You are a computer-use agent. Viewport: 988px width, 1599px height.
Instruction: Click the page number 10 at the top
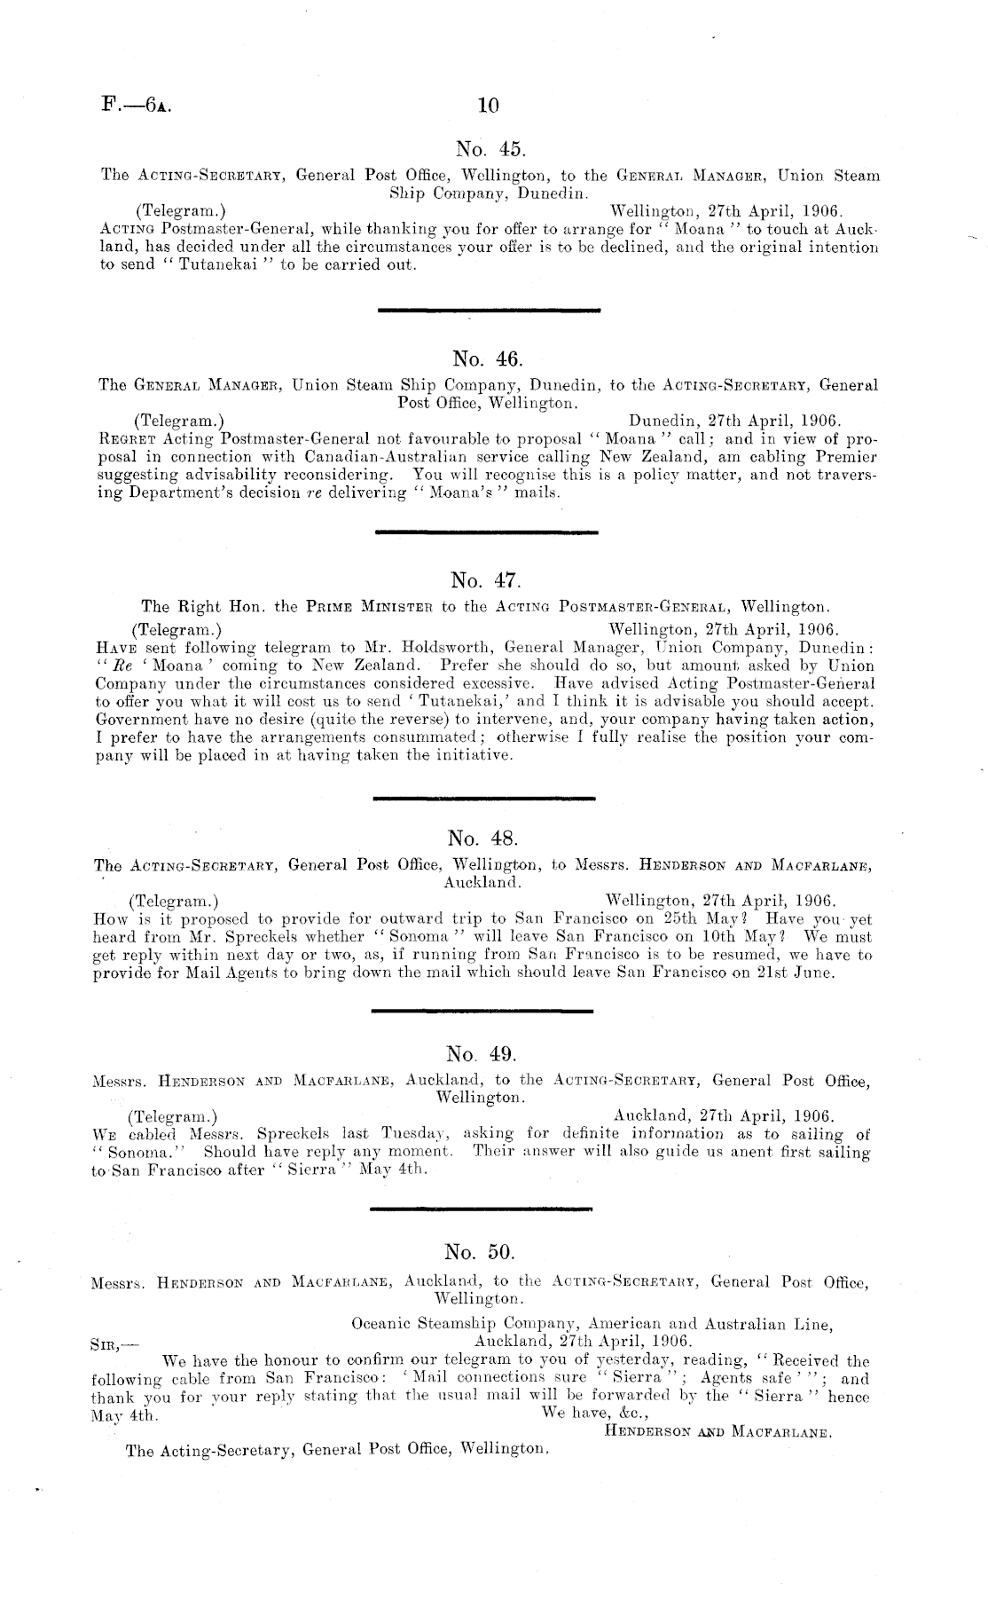pos(488,106)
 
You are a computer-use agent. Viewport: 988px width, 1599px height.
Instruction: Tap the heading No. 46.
pos(488,358)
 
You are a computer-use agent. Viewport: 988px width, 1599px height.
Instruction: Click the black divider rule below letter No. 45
pos(489,310)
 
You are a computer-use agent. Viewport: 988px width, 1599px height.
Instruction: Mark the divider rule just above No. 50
pos(480,1209)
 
